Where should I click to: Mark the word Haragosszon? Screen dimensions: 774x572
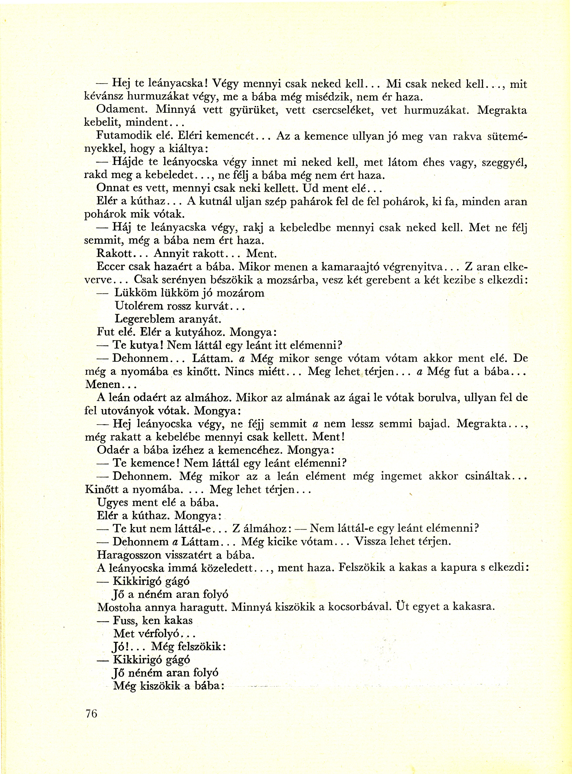coord(129,555)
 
